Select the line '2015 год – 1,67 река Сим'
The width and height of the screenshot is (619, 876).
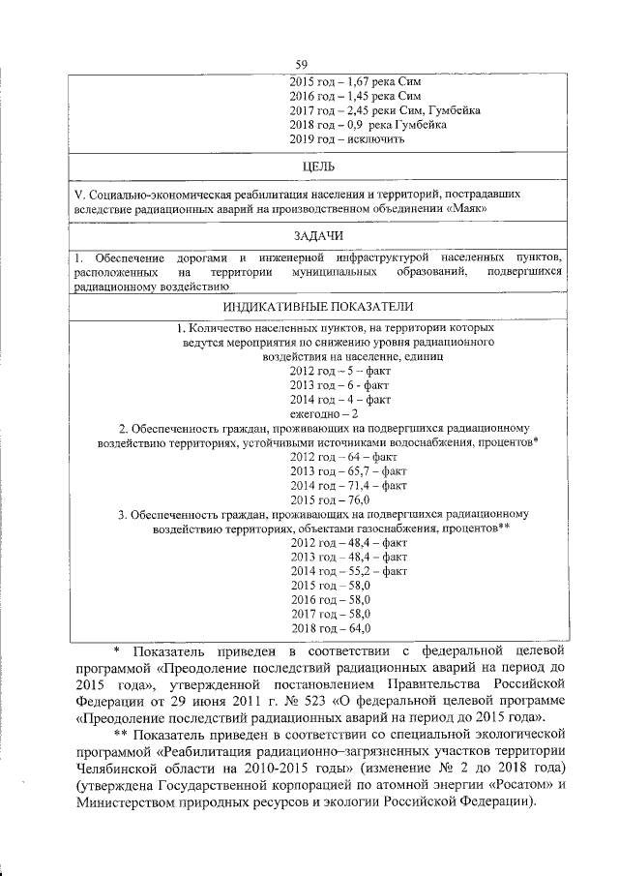[x=355, y=81]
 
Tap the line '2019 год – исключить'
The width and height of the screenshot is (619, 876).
[x=346, y=138]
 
